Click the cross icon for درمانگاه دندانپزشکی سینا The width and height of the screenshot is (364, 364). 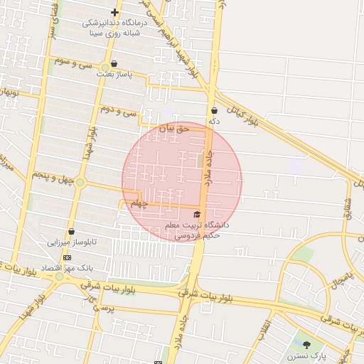[114, 13]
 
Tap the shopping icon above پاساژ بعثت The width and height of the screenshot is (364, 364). [114, 64]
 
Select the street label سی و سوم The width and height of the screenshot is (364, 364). [76, 63]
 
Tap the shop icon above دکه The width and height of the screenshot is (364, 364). [214, 110]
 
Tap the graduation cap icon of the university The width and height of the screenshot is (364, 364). [197, 214]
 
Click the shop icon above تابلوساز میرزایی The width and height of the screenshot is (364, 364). [71, 232]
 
